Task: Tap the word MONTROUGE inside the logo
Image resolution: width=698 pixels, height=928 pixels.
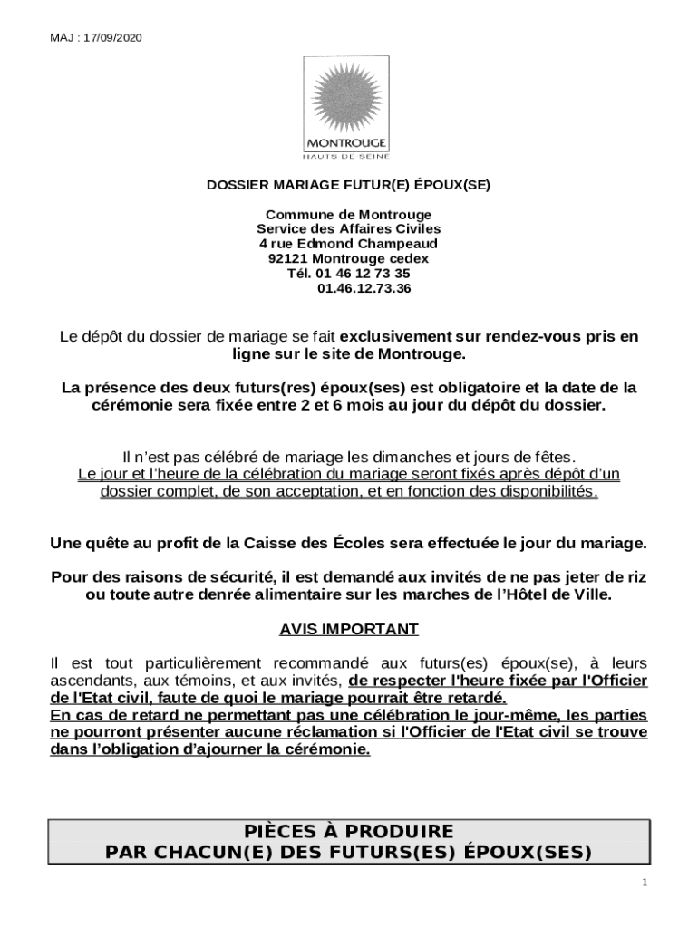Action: pyautogui.click(x=348, y=143)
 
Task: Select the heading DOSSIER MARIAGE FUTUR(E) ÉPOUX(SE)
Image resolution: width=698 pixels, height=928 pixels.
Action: pyautogui.click(x=348, y=185)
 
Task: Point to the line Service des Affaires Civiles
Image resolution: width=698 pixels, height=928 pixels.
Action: pyautogui.click(x=348, y=229)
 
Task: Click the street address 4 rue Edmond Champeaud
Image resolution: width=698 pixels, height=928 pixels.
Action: pyautogui.click(x=348, y=244)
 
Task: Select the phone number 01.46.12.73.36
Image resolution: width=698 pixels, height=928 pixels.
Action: pyautogui.click(x=364, y=288)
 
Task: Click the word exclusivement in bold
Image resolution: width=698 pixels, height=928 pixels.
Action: pyautogui.click(x=396, y=336)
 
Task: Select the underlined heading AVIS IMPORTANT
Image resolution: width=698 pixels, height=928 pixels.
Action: pyautogui.click(x=348, y=629)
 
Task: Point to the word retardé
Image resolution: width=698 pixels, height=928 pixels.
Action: pyautogui.click(x=473, y=698)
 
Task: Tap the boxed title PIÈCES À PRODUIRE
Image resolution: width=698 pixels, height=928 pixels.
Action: pyautogui.click(x=348, y=831)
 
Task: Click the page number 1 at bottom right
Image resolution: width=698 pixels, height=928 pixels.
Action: pyautogui.click(x=644, y=883)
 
